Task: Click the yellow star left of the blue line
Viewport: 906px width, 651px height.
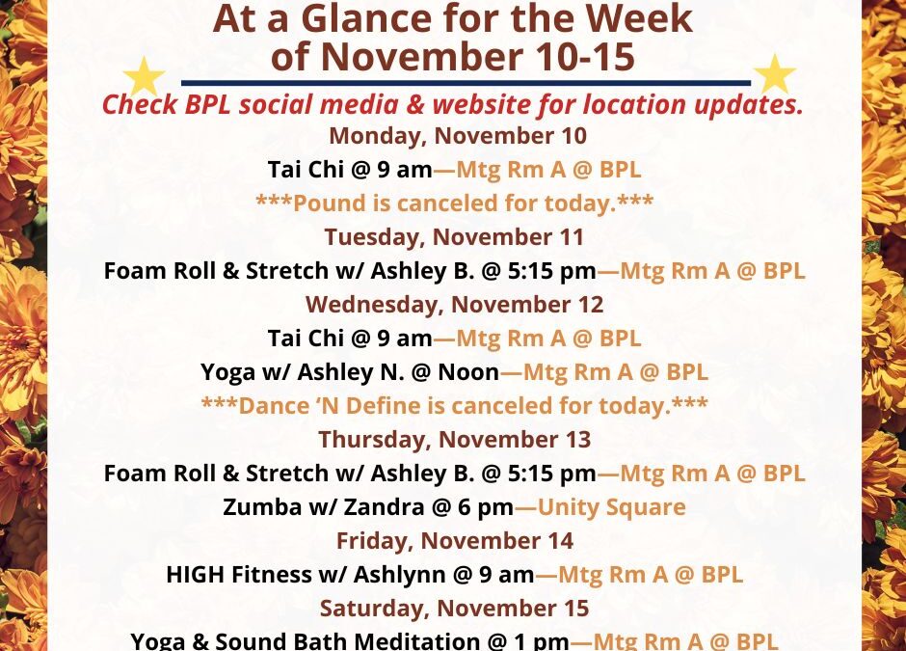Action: click(145, 77)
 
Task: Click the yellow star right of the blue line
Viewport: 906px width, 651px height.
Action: click(774, 75)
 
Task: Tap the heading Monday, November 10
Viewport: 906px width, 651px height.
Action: click(457, 136)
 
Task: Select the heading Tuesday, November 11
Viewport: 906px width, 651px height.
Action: click(454, 237)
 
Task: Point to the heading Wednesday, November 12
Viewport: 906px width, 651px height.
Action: click(454, 305)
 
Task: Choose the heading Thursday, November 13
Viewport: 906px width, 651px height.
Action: click(454, 440)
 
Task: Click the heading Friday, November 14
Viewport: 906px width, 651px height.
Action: click(454, 541)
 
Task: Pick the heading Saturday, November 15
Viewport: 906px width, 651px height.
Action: click(454, 609)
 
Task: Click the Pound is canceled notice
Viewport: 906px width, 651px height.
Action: click(454, 203)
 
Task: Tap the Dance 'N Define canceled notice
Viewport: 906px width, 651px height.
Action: click(454, 406)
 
